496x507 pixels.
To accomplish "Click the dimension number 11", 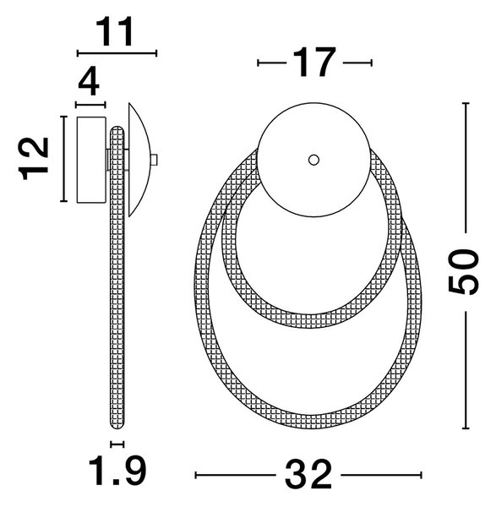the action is pyautogui.click(x=115, y=32).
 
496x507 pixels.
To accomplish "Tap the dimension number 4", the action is pyautogui.click(x=89, y=83).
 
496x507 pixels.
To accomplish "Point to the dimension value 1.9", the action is pyautogui.click(x=117, y=471).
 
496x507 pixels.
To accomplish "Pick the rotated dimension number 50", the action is pyautogui.click(x=463, y=272).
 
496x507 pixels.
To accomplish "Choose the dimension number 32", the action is pyautogui.click(x=308, y=475).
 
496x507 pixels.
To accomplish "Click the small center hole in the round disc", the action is pyautogui.click(x=313, y=160).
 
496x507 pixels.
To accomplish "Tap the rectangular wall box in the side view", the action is pyautogui.click(x=91, y=160).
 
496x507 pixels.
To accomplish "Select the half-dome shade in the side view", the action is pyautogui.click(x=140, y=160).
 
